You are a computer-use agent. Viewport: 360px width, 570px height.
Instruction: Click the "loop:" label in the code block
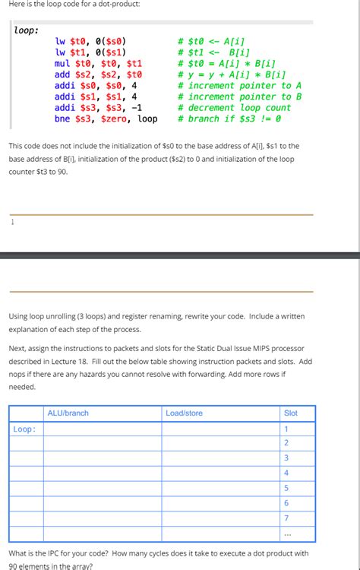point(27,31)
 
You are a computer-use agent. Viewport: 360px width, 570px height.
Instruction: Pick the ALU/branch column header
point(68,413)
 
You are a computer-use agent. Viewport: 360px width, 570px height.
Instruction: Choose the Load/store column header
point(184,413)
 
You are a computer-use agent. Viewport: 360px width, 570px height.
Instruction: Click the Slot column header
point(290,413)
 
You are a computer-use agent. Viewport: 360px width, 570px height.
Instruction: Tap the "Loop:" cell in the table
point(24,429)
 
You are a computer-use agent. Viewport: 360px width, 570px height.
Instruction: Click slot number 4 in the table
point(286,473)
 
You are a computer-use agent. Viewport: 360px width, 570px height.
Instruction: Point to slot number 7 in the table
point(286,518)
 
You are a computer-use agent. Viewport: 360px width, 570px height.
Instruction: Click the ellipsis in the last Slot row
point(286,532)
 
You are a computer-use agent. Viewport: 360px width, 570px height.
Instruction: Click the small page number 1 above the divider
point(13,223)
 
